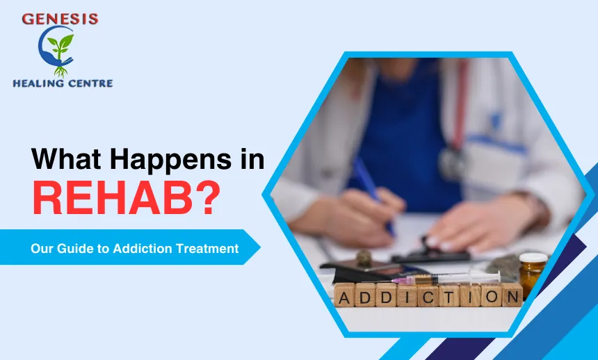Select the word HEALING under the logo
click(38, 83)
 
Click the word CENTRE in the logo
click(89, 83)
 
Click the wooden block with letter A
click(345, 295)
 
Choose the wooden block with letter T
click(449, 295)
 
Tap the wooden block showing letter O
click(491, 295)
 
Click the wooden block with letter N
click(512, 295)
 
